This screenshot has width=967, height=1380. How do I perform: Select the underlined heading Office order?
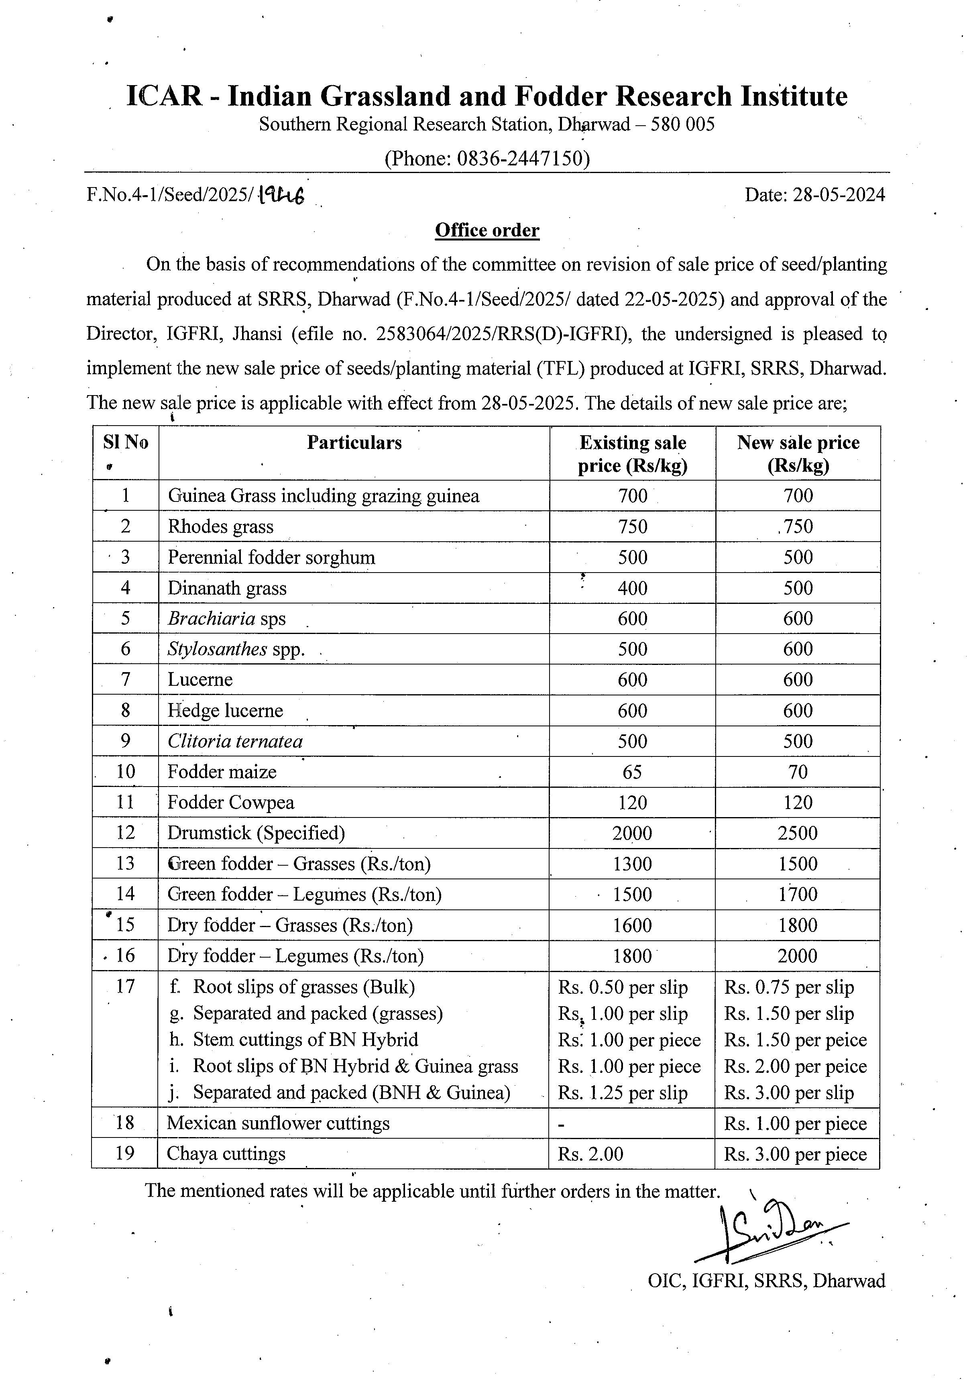[x=487, y=230]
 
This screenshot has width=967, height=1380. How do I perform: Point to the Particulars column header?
[x=354, y=442]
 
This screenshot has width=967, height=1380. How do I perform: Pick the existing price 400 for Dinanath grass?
[x=632, y=588]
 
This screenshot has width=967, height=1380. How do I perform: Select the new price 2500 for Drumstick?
[x=798, y=833]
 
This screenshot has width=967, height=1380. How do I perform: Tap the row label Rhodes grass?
[x=220, y=526]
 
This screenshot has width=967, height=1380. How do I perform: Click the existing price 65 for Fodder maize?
[x=632, y=772]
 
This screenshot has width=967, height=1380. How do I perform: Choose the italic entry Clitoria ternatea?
[x=235, y=741]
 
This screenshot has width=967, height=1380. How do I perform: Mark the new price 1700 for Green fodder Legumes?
[x=798, y=894]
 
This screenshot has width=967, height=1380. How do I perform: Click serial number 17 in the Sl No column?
[x=125, y=987]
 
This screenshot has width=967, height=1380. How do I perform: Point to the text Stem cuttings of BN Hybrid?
[x=305, y=1040]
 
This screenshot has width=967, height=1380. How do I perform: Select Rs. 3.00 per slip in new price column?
[x=788, y=1092]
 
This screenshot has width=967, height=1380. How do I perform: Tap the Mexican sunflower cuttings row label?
[x=278, y=1123]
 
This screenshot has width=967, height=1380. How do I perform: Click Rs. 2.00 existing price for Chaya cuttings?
[x=591, y=1154]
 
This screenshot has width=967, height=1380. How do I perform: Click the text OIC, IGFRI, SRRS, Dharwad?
[x=766, y=1281]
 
